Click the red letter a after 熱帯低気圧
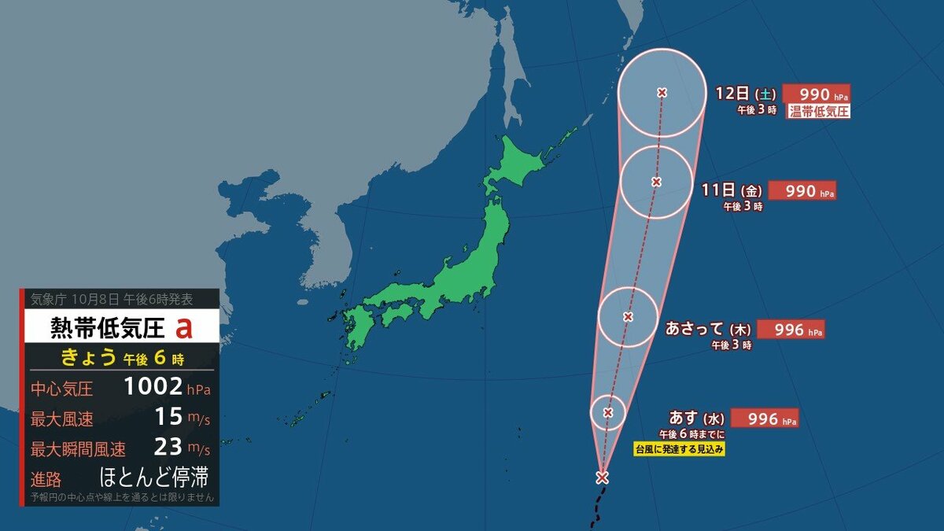(x=184, y=326)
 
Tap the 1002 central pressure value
(x=154, y=387)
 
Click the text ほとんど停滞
(x=153, y=478)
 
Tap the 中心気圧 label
(x=62, y=388)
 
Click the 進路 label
(x=46, y=478)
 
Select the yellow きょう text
(x=90, y=358)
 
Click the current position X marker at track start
(x=602, y=477)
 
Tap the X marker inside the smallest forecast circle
(x=608, y=412)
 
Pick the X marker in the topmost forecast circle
(x=662, y=93)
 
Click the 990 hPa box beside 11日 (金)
(x=802, y=191)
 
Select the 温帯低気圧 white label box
(x=818, y=111)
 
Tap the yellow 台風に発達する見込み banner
(x=679, y=449)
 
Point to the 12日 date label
(x=732, y=93)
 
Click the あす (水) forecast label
(x=696, y=418)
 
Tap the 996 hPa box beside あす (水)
(x=764, y=419)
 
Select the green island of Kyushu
(x=359, y=331)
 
